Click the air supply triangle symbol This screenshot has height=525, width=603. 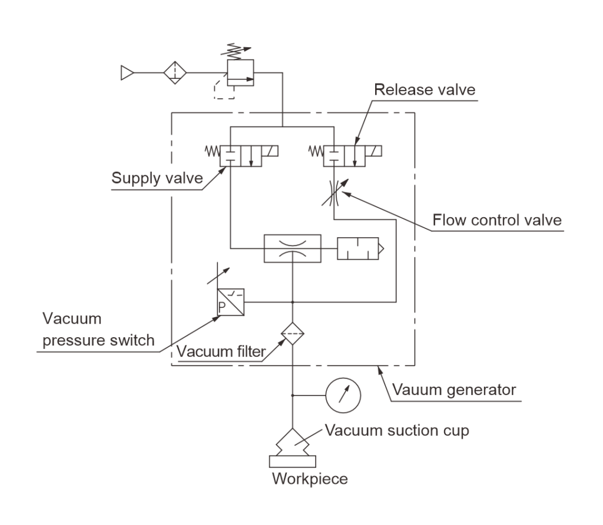[126, 72]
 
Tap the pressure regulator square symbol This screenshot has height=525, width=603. [240, 73]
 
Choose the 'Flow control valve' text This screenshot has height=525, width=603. [497, 221]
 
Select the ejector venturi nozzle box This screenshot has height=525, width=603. [292, 247]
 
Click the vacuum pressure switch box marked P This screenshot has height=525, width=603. [230, 303]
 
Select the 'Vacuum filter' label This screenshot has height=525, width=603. [221, 353]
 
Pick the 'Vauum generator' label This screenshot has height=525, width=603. [454, 390]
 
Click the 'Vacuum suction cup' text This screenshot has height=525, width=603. [397, 431]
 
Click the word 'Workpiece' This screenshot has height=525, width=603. [309, 479]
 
